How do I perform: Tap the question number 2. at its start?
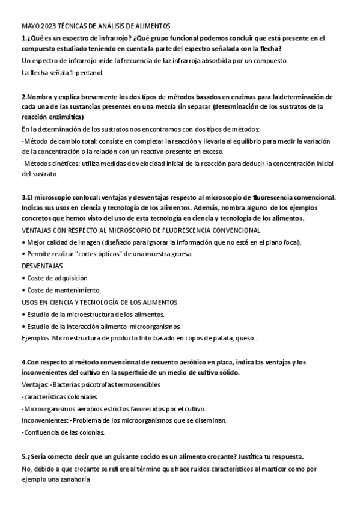(25, 96)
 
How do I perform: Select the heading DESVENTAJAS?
(42, 265)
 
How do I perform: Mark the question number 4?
(24, 362)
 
